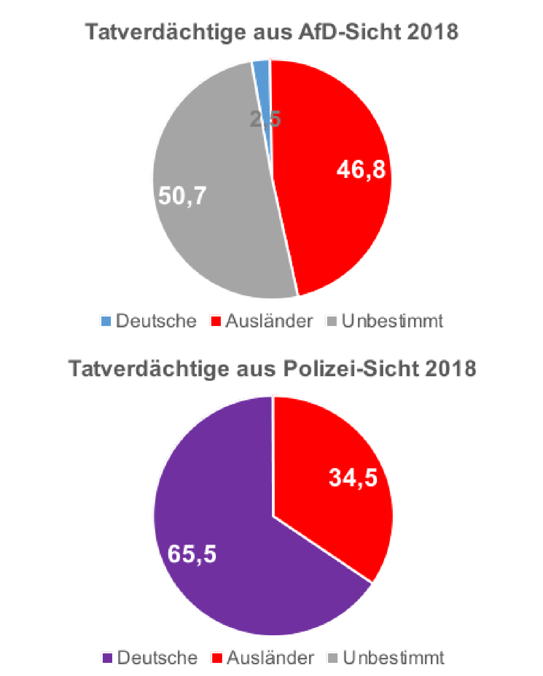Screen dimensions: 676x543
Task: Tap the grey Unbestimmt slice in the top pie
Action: pos(213,235)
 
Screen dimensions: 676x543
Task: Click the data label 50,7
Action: pos(182,196)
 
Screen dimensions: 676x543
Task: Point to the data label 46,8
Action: pos(361,169)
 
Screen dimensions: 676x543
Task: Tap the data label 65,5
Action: pos(192,554)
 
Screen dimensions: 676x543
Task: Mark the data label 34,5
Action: pos(353,477)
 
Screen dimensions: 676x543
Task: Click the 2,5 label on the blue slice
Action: pos(266,120)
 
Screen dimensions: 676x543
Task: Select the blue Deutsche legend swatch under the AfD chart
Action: pos(106,321)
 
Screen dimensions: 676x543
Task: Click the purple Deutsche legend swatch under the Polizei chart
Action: pos(107,658)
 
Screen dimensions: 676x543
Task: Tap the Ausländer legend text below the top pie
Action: pos(269,321)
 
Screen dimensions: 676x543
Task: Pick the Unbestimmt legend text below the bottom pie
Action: pos(393,657)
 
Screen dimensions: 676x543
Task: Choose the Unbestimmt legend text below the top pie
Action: pos(392,321)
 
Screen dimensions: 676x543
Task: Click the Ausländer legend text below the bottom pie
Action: pos(270,657)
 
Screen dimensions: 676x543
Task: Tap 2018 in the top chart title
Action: pos(432,32)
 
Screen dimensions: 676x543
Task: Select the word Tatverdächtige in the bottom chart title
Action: pos(149,369)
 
